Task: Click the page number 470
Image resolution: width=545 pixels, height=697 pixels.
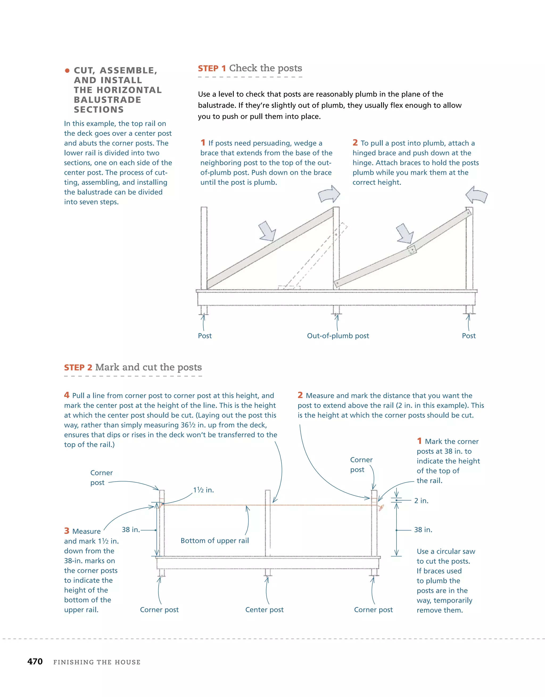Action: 35,661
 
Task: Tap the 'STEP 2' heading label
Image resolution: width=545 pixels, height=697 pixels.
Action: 78,368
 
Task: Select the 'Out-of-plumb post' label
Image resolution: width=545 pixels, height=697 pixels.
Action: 338,336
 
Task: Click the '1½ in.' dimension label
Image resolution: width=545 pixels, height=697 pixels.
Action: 203,490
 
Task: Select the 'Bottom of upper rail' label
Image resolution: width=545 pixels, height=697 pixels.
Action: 214,541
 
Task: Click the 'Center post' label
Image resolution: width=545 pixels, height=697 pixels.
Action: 264,609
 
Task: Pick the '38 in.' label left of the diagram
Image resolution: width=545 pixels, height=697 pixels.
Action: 131,530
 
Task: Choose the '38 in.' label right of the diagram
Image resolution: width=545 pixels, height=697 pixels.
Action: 423,530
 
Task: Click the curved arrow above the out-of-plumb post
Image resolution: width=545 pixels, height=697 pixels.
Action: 329,194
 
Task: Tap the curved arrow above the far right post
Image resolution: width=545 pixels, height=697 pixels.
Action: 476,195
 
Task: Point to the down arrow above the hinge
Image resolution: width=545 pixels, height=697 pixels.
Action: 404,233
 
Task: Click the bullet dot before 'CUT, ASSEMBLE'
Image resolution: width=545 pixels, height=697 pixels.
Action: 67,70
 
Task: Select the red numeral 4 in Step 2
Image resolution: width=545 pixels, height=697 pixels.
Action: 67,395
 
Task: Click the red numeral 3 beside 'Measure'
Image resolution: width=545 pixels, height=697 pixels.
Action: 67,531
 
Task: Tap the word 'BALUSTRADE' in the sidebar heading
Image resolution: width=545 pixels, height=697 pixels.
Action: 107,99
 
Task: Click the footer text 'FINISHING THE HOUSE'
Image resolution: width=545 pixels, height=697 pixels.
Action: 97,662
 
